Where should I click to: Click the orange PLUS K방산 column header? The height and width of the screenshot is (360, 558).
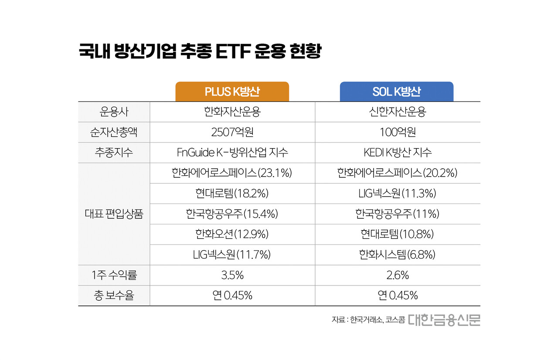point(232,92)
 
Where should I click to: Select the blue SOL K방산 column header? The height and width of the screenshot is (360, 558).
point(397,92)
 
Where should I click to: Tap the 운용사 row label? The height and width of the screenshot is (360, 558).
point(114,112)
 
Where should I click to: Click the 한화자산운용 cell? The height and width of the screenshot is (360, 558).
point(232,112)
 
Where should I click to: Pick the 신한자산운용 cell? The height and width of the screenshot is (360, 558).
point(397,112)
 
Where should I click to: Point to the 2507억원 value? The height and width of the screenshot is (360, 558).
point(232,132)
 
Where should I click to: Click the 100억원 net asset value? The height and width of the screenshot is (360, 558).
point(397,132)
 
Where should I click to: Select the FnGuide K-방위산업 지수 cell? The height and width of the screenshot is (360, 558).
point(232,153)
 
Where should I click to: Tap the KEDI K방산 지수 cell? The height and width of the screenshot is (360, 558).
point(397,153)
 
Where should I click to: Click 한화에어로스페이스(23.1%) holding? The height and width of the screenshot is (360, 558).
point(232,173)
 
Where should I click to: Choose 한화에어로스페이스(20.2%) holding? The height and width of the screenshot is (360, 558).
point(397,173)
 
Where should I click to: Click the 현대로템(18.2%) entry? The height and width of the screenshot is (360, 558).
point(232,194)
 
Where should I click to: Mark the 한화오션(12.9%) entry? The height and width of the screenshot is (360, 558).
point(232,234)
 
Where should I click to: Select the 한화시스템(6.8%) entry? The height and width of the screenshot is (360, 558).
point(397,255)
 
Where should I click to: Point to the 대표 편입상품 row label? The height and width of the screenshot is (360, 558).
point(114,214)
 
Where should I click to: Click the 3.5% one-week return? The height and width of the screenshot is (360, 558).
point(232,275)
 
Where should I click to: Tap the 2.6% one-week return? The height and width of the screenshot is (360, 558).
point(397,275)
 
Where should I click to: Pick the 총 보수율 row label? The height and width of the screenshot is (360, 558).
point(114,295)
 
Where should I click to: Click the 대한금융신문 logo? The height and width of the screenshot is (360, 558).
point(444,319)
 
